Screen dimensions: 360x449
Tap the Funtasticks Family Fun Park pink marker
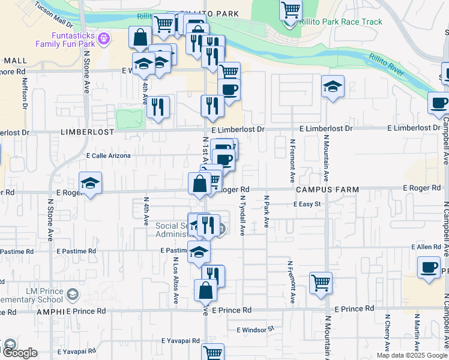[x=105, y=39]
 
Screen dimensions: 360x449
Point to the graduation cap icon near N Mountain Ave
[x=333, y=87]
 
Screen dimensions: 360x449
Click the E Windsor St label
[x=255, y=329]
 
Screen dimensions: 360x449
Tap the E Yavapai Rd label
[x=180, y=340]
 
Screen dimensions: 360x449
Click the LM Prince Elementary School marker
[x=73, y=294]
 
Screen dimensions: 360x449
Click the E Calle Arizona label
[x=109, y=155]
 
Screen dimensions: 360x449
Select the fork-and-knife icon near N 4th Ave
[x=158, y=106]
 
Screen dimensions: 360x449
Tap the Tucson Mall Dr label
[x=54, y=16]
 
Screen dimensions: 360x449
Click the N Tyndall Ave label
[x=243, y=215]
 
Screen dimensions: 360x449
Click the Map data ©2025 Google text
[x=411, y=355]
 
